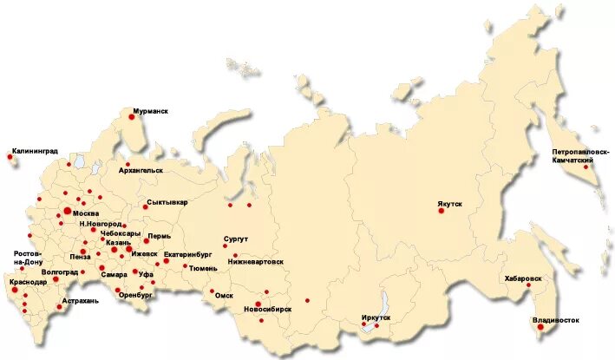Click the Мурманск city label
click(150, 112)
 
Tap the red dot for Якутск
click(441, 210)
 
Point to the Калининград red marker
click(10, 157)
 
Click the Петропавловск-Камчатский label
click(573, 157)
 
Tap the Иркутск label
click(376, 317)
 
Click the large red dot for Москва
click(67, 211)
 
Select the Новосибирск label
click(268, 309)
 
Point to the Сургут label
click(235, 238)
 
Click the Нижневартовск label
click(256, 261)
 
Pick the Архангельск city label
click(141, 171)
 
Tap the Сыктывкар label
click(167, 202)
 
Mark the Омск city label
click(224, 295)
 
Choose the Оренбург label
click(135, 295)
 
